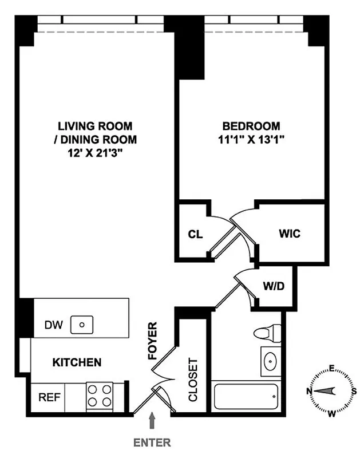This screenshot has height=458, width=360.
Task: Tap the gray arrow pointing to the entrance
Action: coord(152,422)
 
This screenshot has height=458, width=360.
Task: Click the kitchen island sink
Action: coord(82,325)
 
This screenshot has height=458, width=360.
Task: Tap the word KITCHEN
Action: coord(77,362)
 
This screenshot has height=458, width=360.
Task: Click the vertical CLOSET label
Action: coord(193,380)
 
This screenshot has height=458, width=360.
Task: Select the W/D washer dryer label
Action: coord(273,285)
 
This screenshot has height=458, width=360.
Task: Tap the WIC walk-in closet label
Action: coord(290,234)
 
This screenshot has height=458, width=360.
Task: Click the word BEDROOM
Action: coord(251,125)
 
